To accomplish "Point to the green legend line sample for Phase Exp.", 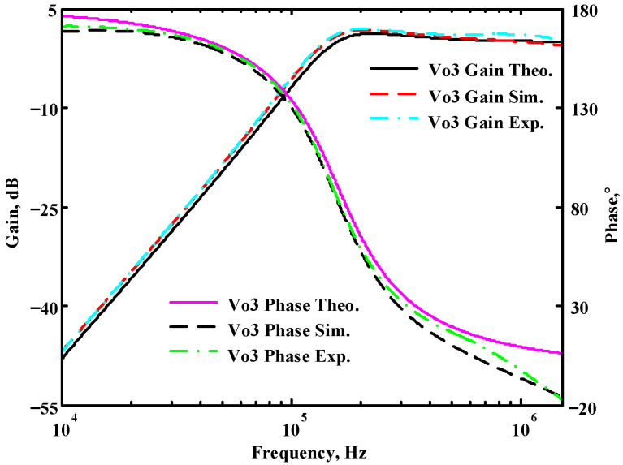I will (194, 355).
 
